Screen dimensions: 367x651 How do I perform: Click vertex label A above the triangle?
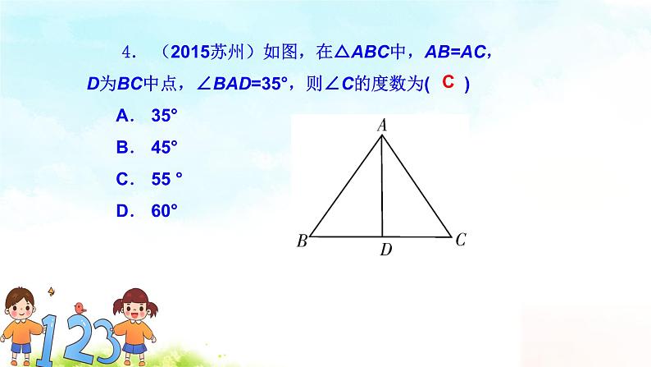click(x=381, y=126)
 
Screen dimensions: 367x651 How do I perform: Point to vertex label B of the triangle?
click(x=302, y=241)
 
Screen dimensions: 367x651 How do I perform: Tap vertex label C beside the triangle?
click(x=461, y=240)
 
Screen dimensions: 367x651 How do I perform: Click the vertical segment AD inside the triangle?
click(x=382, y=189)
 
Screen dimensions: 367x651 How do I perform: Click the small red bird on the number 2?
click(x=80, y=307)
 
